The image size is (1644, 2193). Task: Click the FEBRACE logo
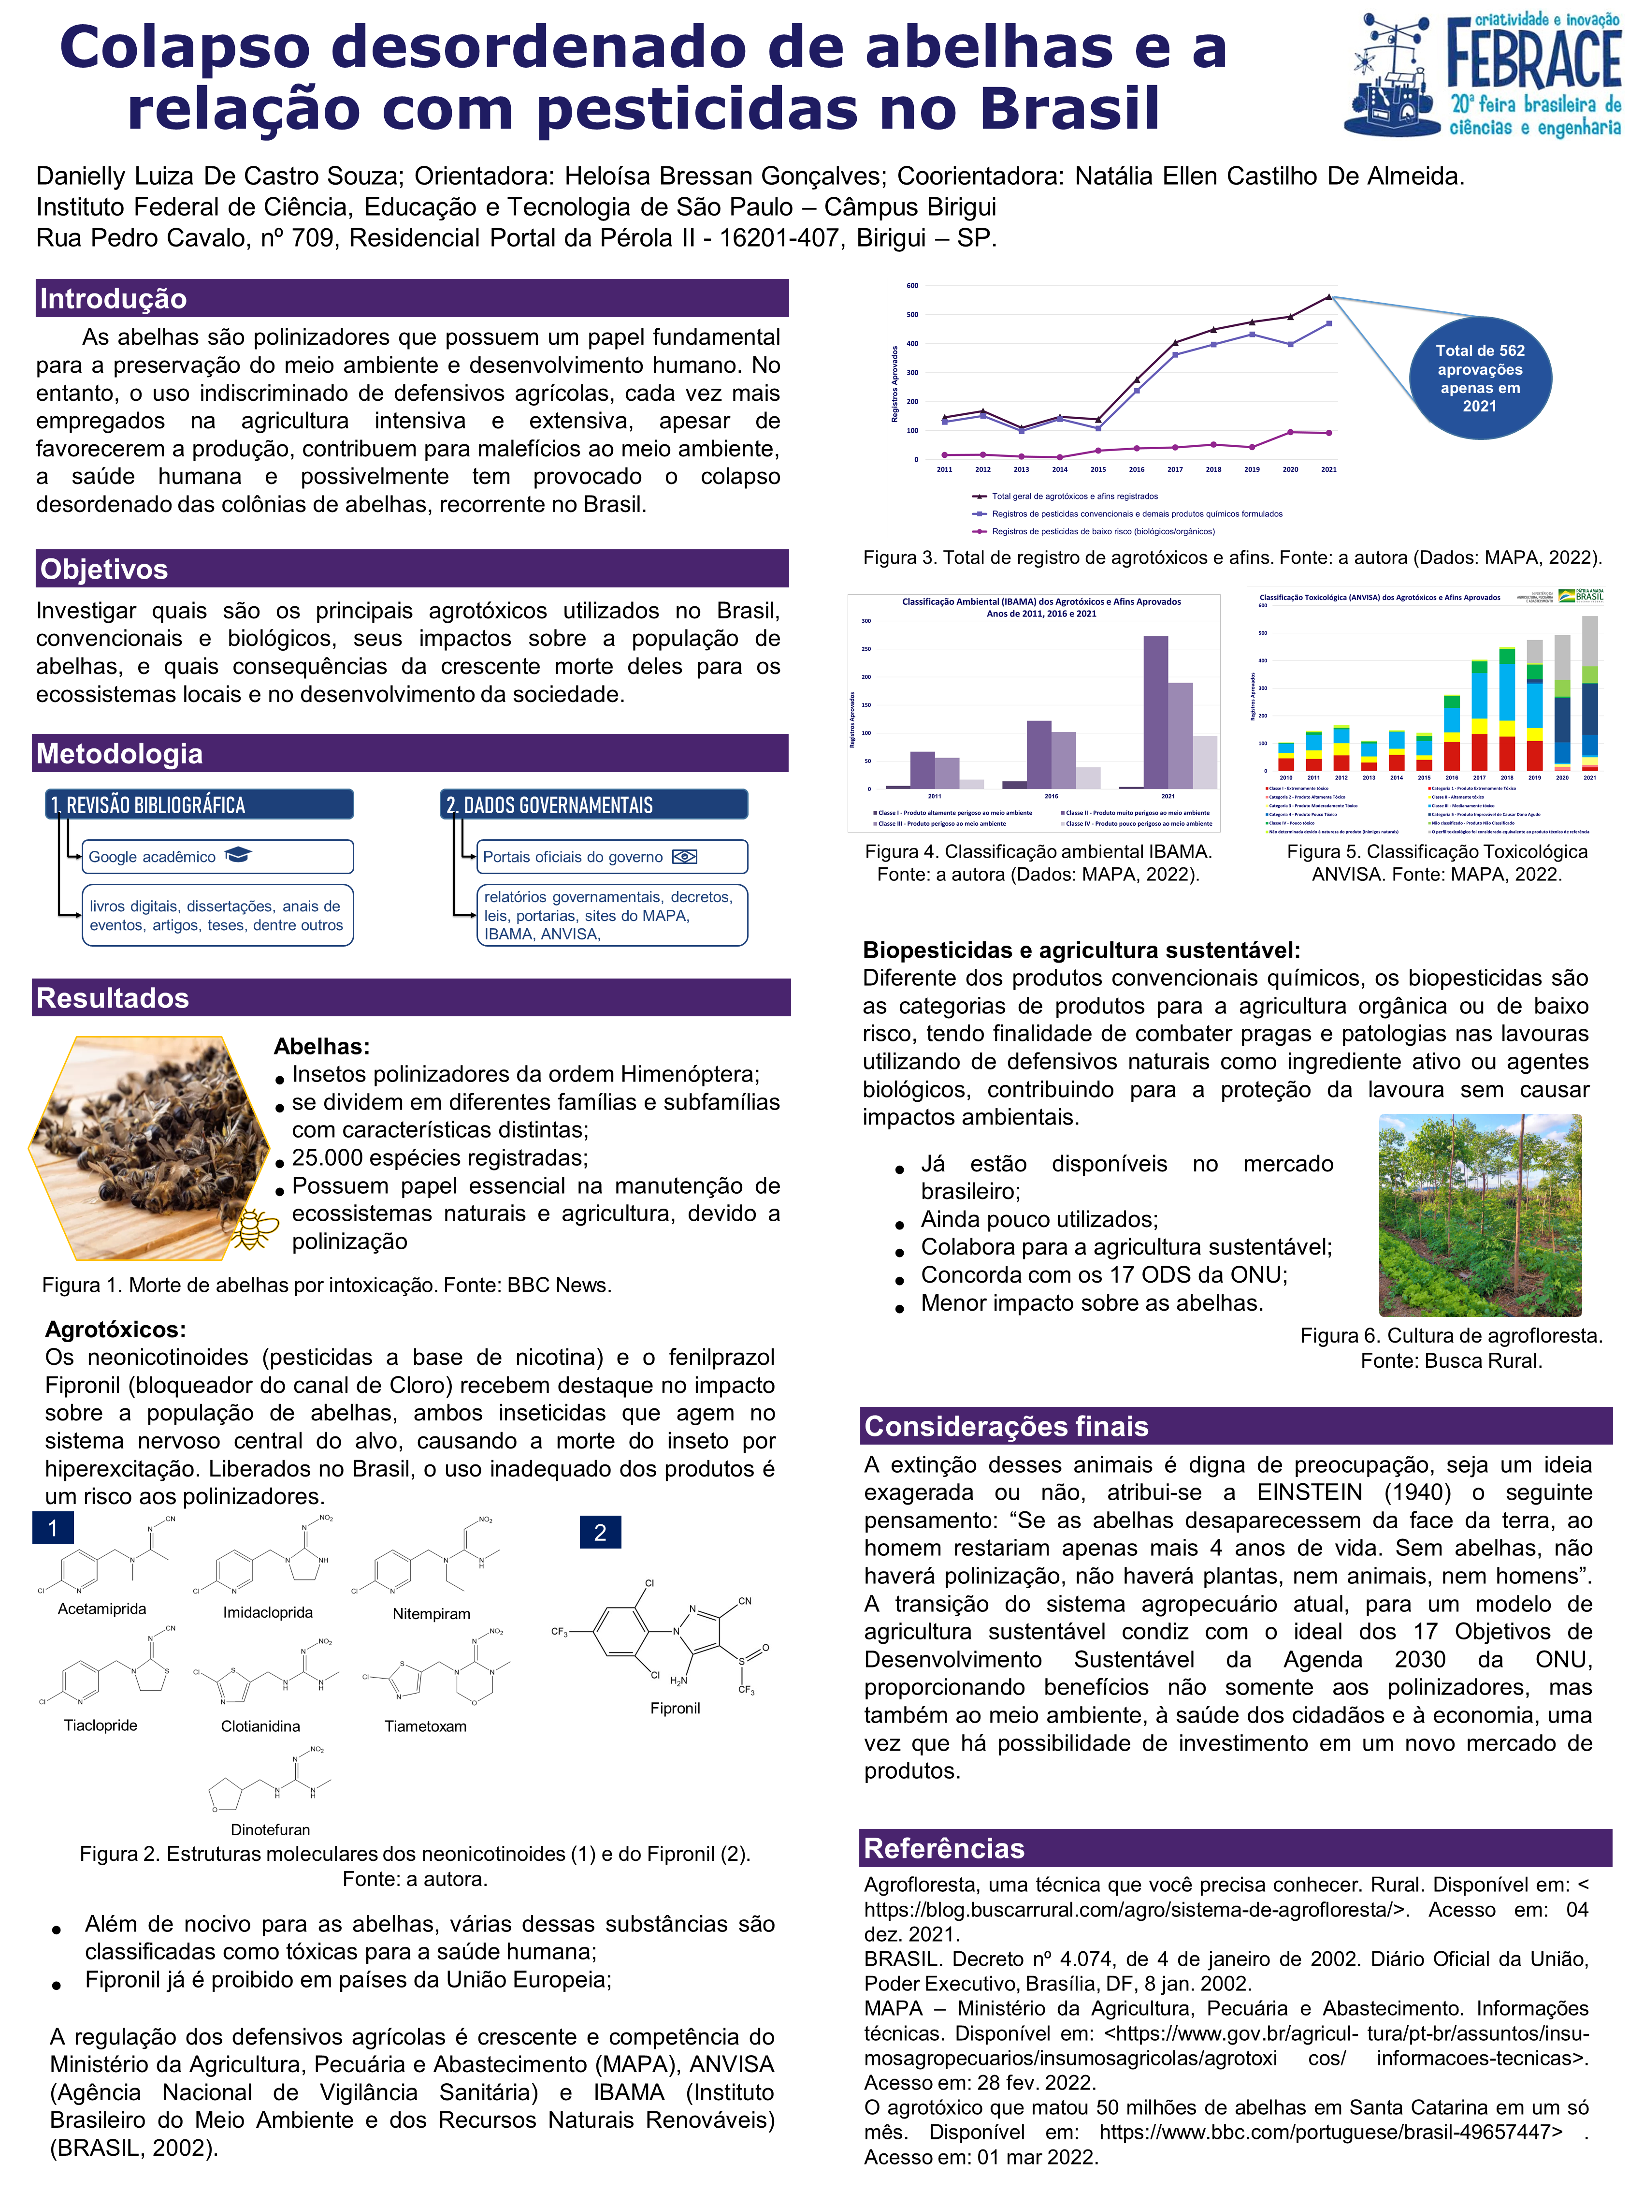pyautogui.click(x=1483, y=74)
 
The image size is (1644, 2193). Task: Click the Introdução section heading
pyautogui.click(x=113, y=298)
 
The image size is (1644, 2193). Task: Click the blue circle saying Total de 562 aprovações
pyautogui.click(x=1480, y=378)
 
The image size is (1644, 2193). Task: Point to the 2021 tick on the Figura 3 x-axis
pyautogui.click(x=1328, y=469)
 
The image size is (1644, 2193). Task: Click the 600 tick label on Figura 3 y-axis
pyautogui.click(x=912, y=286)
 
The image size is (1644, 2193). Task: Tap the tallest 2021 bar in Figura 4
pyautogui.click(x=1155, y=712)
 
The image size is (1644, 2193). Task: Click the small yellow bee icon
pyautogui.click(x=255, y=1230)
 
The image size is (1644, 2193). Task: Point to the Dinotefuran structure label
pyautogui.click(x=270, y=1829)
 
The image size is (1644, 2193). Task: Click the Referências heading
pyautogui.click(x=943, y=1848)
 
